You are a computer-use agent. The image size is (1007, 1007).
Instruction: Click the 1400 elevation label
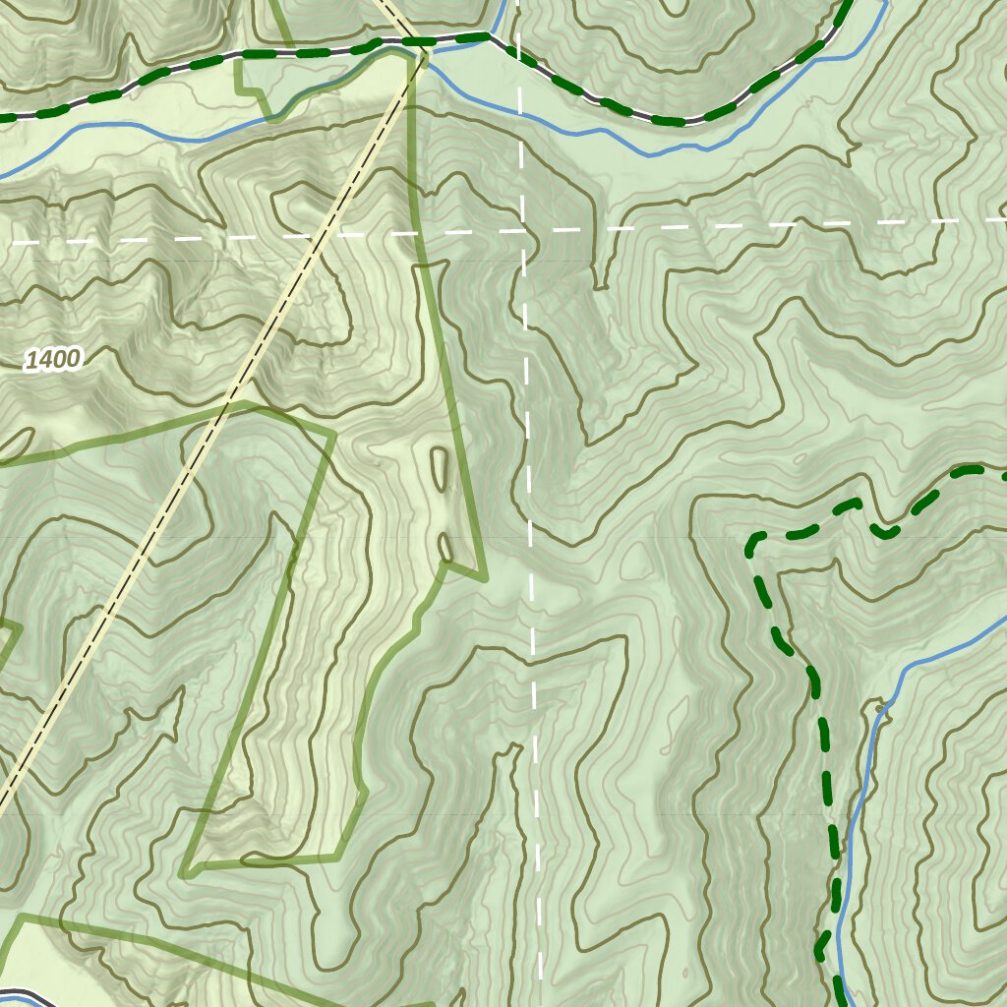click(53, 360)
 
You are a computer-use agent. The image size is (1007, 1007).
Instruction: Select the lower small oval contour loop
click(445, 547)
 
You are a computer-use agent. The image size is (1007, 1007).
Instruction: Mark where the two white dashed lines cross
click(521, 231)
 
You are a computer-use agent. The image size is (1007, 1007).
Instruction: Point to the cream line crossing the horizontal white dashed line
click(320, 235)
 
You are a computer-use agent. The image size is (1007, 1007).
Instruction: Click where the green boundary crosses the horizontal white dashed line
click(412, 233)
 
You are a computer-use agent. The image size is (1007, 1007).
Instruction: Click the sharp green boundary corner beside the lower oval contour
click(484, 577)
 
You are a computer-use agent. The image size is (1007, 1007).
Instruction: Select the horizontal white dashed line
click(738, 226)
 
